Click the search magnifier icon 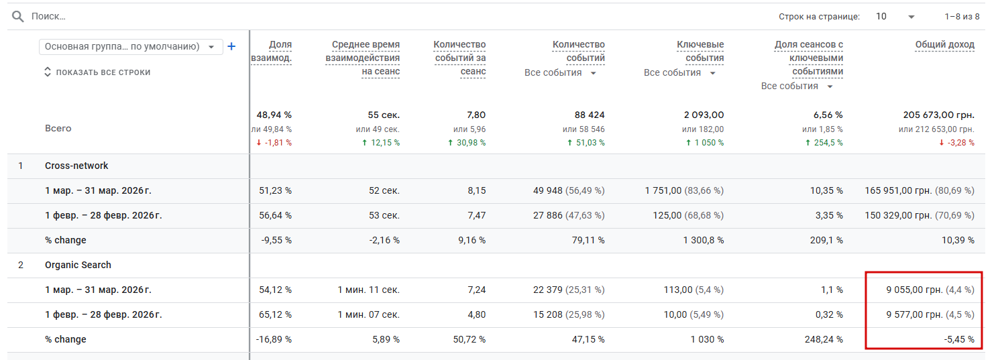click(17, 16)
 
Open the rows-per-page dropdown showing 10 click(895, 16)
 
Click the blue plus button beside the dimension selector click(232, 46)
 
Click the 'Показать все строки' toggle click(98, 72)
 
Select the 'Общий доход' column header click(944, 45)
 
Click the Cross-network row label click(76, 166)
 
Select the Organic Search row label click(78, 265)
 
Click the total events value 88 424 click(590, 115)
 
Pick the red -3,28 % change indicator click(956, 143)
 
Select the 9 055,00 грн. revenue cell click(913, 290)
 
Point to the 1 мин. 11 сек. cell click(368, 290)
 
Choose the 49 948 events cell click(547, 190)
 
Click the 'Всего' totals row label click(58, 128)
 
